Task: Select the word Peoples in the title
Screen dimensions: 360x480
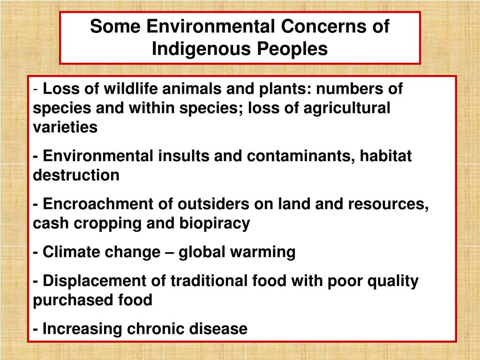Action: (x=295, y=49)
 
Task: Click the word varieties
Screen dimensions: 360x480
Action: (x=65, y=127)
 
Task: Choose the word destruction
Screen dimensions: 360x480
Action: (x=76, y=175)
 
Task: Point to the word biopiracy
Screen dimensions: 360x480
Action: (x=214, y=224)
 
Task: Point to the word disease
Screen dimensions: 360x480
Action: (x=218, y=329)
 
